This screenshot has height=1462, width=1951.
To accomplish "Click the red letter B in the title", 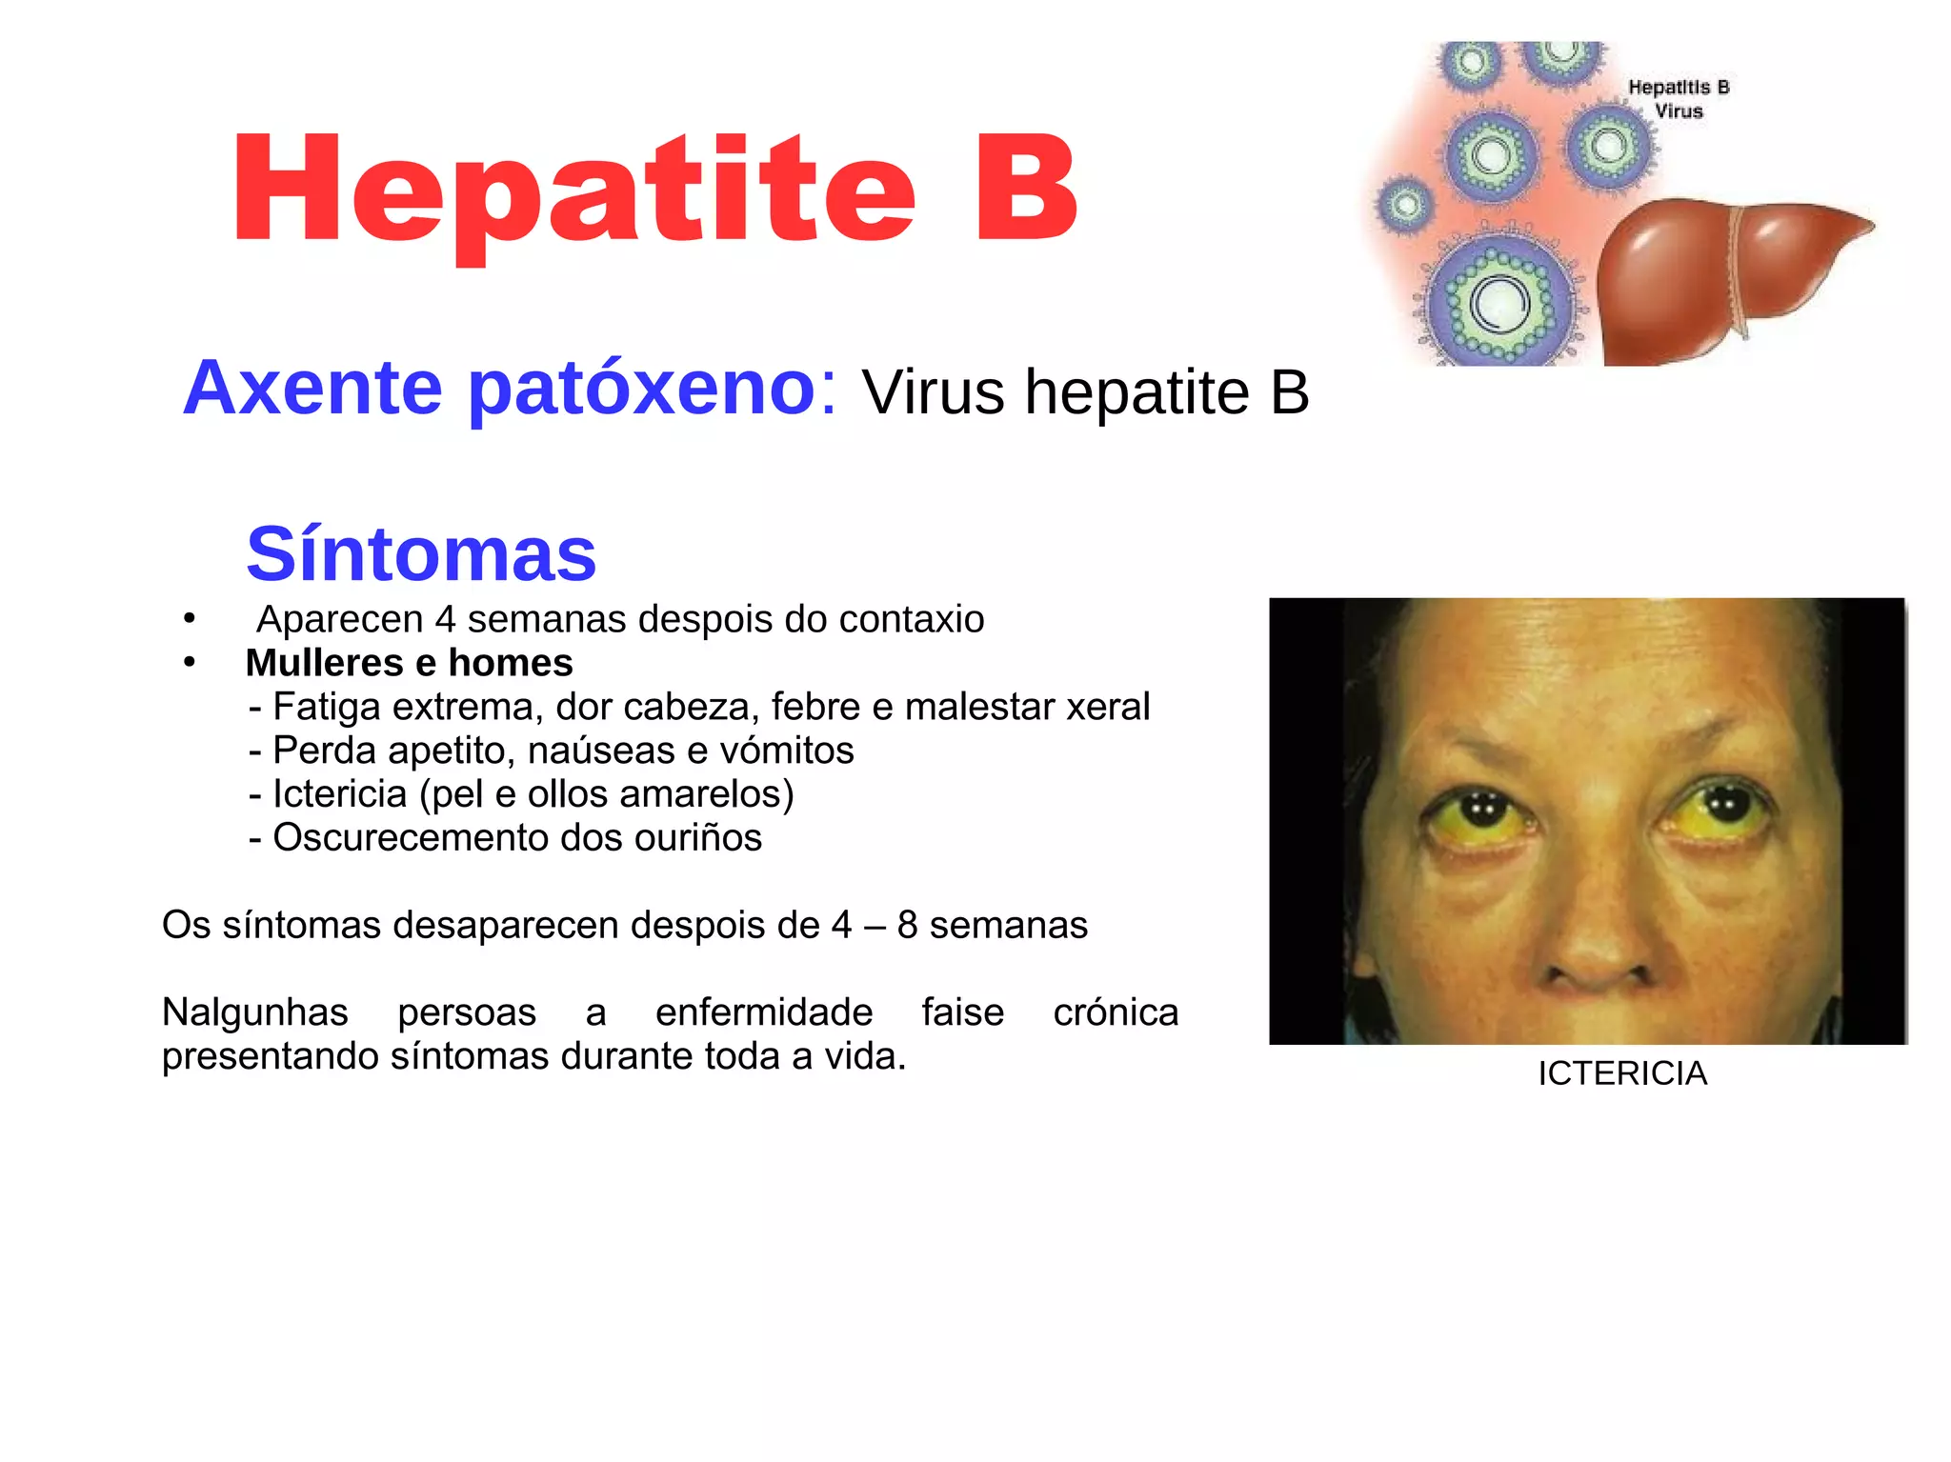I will [1026, 189].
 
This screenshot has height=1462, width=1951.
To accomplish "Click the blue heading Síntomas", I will [421, 554].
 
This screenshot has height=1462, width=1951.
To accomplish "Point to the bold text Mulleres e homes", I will [409, 663].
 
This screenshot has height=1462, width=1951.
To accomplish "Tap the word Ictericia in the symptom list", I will [339, 793].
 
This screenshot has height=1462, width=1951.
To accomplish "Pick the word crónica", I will [1116, 1012].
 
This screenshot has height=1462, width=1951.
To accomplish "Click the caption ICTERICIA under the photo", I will [1621, 1073].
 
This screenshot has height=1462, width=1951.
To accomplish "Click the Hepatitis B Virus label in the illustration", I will [1679, 99].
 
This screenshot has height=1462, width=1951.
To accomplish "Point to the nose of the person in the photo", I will [1596, 943].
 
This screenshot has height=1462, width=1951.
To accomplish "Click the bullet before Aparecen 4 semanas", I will [190, 620].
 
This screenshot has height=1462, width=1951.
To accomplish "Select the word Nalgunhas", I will [255, 1012].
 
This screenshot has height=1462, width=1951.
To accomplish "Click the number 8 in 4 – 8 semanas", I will [907, 925].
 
